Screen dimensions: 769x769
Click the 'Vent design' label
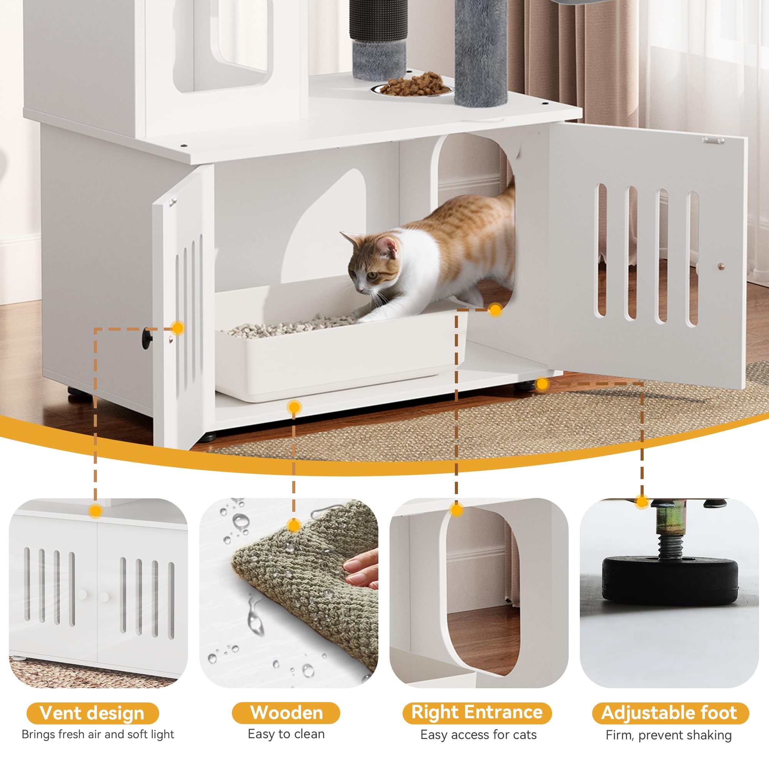click(92, 713)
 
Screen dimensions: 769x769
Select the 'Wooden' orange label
click(286, 713)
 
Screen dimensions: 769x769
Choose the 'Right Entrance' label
click(476, 712)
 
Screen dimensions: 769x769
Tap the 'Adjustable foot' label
click(670, 713)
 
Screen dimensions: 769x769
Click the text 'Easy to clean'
click(286, 734)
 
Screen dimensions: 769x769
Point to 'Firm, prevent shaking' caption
click(669, 735)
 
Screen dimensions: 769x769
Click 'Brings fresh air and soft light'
click(98, 734)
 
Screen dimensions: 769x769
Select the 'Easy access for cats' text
click(478, 734)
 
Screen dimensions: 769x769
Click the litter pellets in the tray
click(286, 326)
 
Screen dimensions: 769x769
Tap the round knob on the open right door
click(721, 266)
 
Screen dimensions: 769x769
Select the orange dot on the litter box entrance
click(495, 310)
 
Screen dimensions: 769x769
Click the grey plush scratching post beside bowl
click(481, 52)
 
